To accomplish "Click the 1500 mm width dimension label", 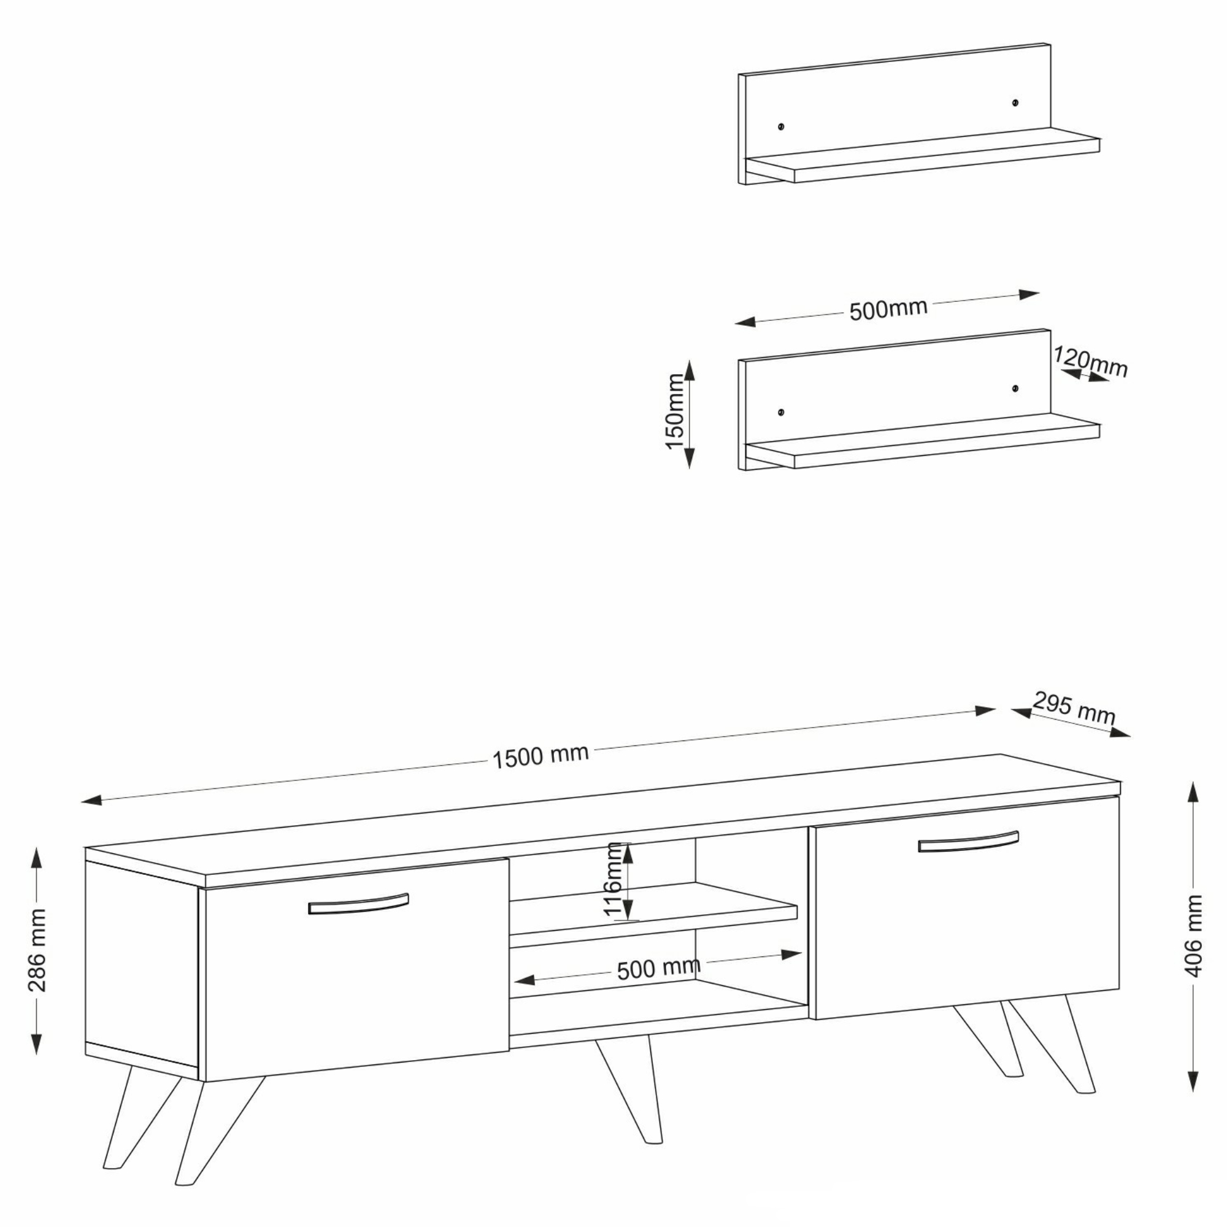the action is pos(540,756).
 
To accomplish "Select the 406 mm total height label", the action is pos(1194,936).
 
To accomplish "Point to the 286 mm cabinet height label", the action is pos(37,950).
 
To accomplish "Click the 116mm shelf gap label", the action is pos(613,880).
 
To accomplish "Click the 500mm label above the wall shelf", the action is pos(888,309).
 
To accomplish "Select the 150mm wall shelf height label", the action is pos(674,412).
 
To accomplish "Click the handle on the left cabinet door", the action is pos(358,904).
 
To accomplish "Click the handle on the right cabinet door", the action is pos(968,842).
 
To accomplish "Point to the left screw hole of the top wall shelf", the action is pos(781,126).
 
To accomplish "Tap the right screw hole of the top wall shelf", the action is pos(1015,102).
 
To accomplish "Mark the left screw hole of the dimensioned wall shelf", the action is pos(781,412).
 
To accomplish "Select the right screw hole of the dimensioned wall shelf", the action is pos(1015,388).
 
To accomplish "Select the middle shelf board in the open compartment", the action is pos(653,915).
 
